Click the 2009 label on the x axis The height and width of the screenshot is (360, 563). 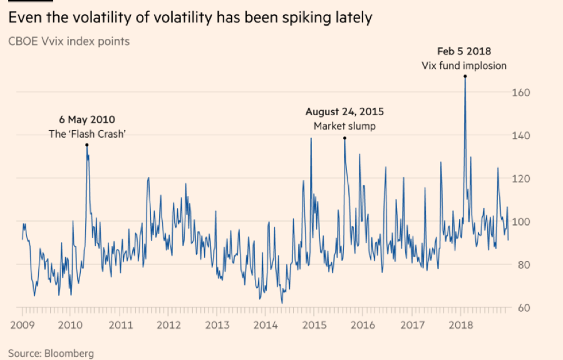(x=22, y=325)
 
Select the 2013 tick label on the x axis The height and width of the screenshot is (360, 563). (x=217, y=325)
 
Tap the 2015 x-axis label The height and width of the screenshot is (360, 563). (x=314, y=325)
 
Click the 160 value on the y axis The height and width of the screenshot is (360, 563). (x=522, y=93)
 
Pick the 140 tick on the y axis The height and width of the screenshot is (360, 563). (x=522, y=136)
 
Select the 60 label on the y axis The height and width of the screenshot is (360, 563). (x=524, y=308)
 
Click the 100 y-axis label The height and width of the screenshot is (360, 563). (x=522, y=222)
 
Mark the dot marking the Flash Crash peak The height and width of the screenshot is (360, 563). (x=86, y=145)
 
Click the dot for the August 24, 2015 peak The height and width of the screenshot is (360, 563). (x=344, y=138)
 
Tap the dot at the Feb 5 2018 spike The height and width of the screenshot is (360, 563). (x=465, y=76)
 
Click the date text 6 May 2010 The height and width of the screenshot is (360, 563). (x=87, y=120)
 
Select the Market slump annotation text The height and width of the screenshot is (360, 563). (x=344, y=126)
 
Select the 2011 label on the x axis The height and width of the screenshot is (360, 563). (x=120, y=325)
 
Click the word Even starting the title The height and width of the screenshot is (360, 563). (x=23, y=18)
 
